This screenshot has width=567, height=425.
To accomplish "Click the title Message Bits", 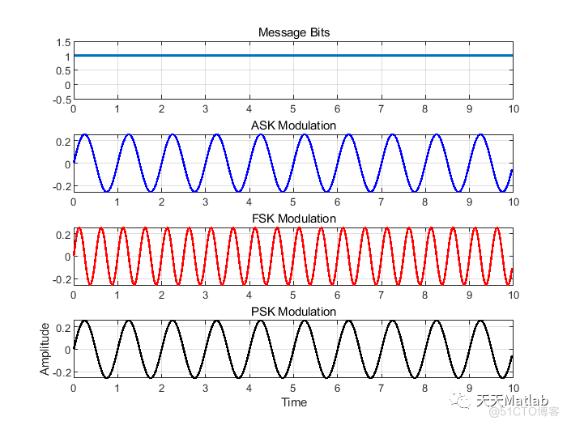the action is click(x=293, y=32).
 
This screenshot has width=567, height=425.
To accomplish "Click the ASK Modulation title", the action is click(x=293, y=125).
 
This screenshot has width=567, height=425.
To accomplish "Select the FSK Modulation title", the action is click(x=293, y=219).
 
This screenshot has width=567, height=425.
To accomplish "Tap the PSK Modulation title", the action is click(x=293, y=312).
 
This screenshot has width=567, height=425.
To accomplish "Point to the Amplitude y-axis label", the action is click(x=45, y=349).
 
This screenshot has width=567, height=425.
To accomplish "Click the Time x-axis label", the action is click(x=293, y=402).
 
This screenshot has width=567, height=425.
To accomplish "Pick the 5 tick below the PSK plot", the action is click(x=293, y=387).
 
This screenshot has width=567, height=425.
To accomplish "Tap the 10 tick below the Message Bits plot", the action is click(x=512, y=108).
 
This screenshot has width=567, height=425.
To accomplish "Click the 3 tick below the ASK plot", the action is click(x=206, y=201).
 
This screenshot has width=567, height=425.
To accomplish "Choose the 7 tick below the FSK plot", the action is click(x=381, y=294).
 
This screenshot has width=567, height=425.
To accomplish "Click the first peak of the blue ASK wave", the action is click(x=85, y=135).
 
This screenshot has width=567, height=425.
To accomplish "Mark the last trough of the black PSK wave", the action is click(x=502, y=377).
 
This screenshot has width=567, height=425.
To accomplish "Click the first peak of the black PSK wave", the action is click(x=85, y=321).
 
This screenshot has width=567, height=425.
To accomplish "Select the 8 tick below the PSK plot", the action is click(x=424, y=387).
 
